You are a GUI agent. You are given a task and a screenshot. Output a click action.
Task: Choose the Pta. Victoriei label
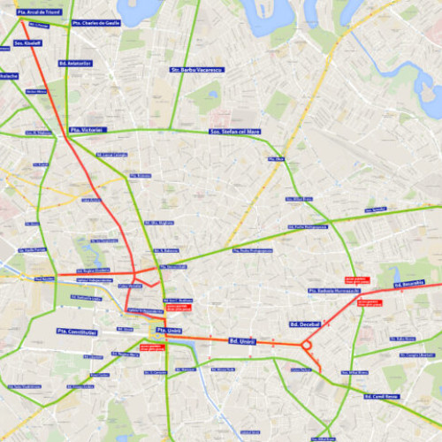pos(88,130)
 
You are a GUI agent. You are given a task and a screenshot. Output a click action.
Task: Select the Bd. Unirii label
pos(242,340)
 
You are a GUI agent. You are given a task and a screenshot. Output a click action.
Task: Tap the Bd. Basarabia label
pos(409,283)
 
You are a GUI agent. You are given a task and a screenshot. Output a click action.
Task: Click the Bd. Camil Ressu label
pos(382,396)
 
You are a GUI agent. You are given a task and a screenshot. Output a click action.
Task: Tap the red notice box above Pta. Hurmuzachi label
pos(335,276)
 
